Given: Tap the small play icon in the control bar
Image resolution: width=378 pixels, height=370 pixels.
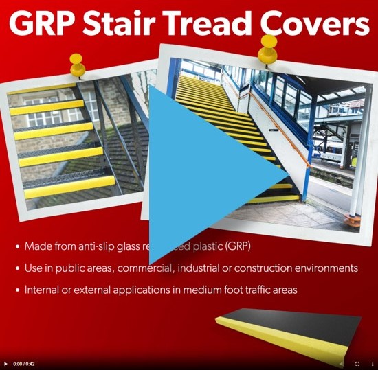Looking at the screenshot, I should pos(6,363).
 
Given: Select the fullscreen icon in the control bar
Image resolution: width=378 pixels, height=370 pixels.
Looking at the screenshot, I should pos(357,363).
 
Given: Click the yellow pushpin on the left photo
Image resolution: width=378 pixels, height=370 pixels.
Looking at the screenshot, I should pos(77,65).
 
